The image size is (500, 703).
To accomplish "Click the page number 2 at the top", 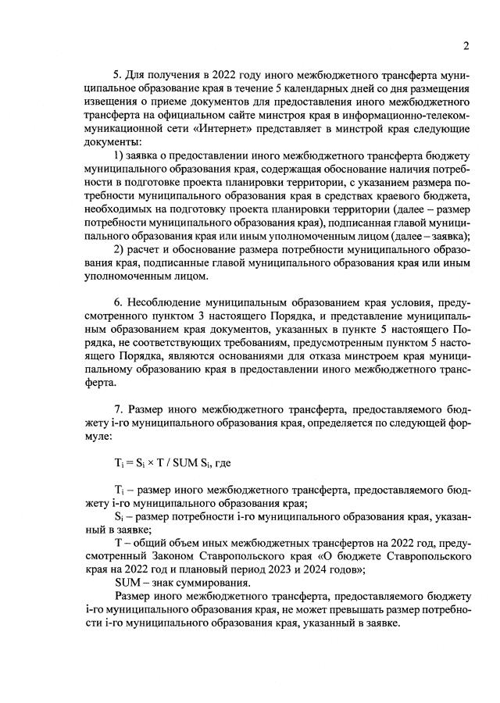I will coord(465,45).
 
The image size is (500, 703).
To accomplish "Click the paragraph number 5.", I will coord(116,75).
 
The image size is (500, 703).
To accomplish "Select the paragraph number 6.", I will coord(116,302).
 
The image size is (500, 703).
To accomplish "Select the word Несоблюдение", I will coord(162,302).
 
